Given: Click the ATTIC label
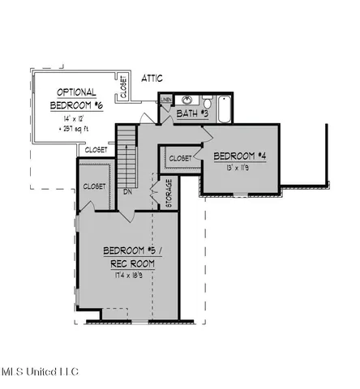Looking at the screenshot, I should click(152, 78).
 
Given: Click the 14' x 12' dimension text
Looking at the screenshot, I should click(72, 118).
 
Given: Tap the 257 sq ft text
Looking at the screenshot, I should click(74, 128).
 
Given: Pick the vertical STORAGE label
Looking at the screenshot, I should click(168, 194).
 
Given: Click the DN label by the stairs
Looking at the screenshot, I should click(128, 192).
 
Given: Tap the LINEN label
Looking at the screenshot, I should click(166, 100).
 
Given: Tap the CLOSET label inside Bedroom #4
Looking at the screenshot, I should click(180, 157).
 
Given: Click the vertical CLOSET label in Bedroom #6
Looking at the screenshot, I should click(123, 87).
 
